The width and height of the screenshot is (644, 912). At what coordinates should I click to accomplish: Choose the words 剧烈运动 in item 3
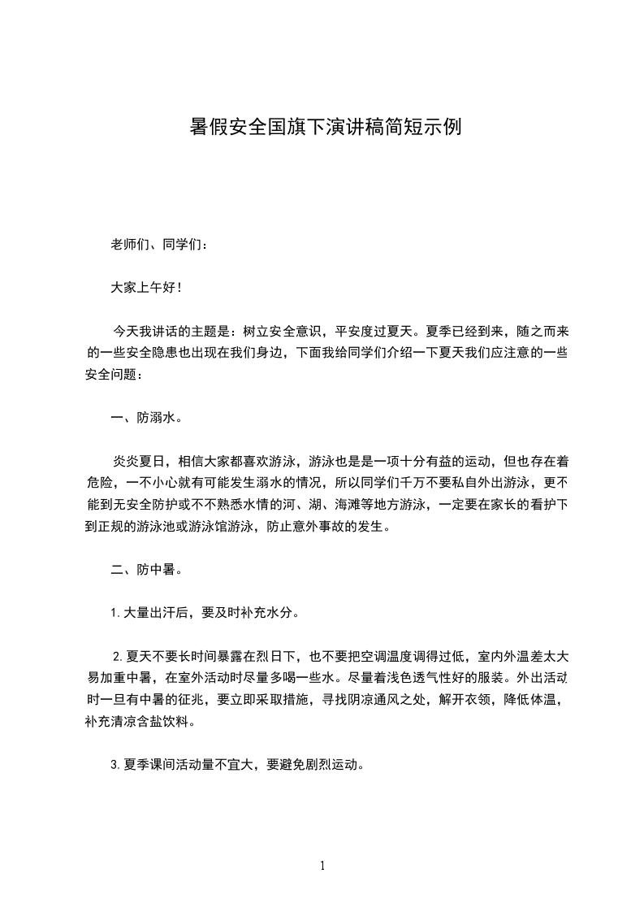(331, 764)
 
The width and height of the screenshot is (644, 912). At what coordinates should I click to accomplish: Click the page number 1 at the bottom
(322, 866)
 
